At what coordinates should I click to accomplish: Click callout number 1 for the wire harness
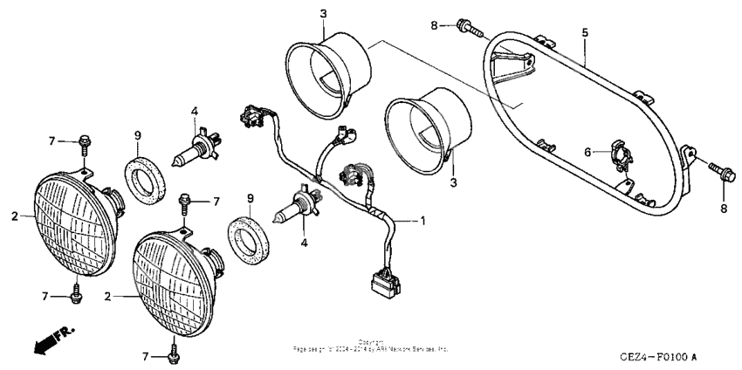point(423,221)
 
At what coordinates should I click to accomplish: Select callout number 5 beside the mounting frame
point(585,32)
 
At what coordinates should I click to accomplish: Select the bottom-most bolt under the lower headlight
point(172,353)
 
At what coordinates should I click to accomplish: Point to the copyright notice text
point(370,346)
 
